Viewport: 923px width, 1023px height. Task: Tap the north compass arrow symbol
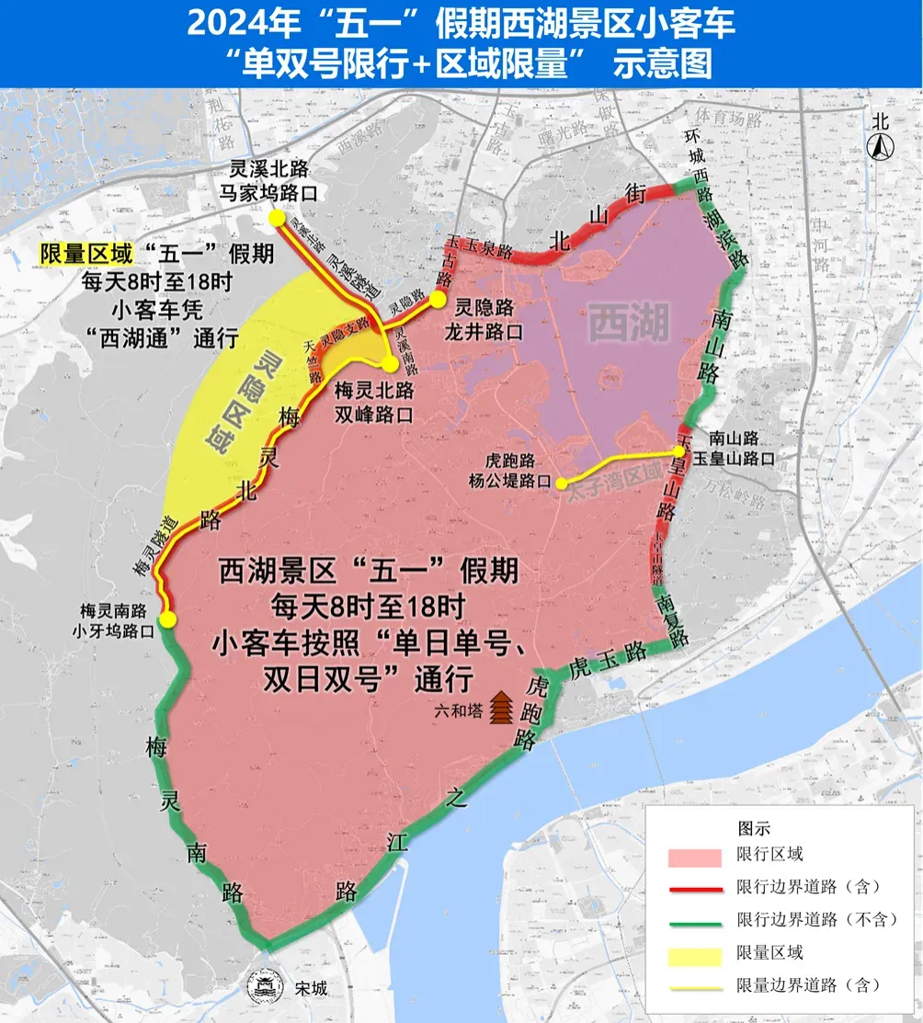(x=880, y=144)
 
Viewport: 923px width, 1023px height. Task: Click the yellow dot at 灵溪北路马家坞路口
(x=276, y=217)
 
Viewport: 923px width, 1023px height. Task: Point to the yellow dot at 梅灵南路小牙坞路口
(x=167, y=620)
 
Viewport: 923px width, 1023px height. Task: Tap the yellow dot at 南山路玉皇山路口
(x=679, y=450)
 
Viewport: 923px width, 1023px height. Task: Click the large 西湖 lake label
(x=628, y=324)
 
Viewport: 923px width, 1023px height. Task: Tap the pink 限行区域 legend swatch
(x=694, y=856)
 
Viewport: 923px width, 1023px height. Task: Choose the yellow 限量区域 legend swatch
(x=694, y=953)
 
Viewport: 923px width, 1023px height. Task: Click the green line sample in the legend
(x=694, y=920)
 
